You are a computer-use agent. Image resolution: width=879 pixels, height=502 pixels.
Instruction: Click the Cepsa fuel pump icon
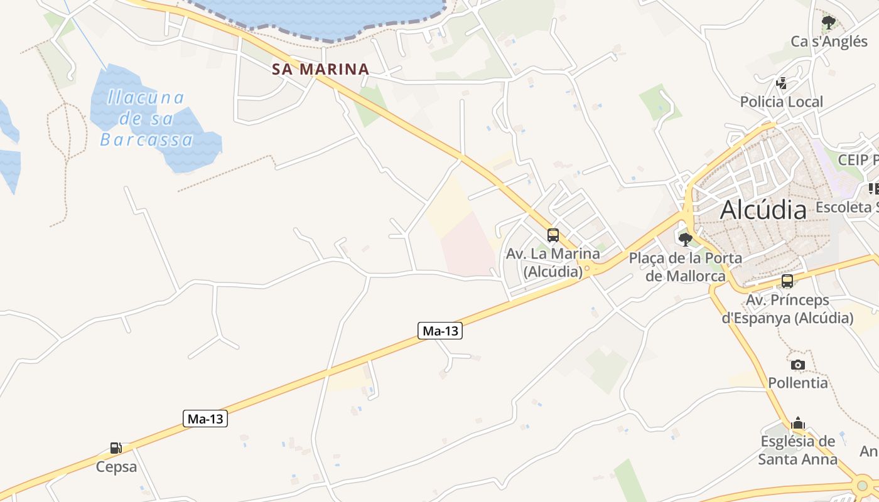[x=116, y=448]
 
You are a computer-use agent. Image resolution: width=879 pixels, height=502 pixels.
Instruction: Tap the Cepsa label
[x=116, y=467]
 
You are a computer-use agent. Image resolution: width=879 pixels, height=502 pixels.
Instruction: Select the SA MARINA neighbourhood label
[x=320, y=69]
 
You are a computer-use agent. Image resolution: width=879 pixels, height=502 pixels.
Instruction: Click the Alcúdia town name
[x=763, y=210]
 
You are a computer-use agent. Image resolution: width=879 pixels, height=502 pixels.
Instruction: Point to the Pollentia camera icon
[x=798, y=365]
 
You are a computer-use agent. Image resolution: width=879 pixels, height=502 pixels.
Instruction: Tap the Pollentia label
[x=798, y=382]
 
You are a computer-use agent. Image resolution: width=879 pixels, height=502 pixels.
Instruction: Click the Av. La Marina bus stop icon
[x=553, y=235]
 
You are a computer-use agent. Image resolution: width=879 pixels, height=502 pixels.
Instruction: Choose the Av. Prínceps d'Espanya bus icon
[x=787, y=281]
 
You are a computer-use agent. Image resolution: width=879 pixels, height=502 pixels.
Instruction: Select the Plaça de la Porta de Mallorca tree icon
[x=686, y=239]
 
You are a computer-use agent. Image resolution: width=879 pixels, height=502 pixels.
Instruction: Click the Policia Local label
[x=781, y=102]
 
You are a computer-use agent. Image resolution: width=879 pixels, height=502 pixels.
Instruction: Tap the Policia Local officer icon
[x=782, y=83]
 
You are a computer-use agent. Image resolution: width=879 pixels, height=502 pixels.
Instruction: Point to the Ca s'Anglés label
[x=829, y=41]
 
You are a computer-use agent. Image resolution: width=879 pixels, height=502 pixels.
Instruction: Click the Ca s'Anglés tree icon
[x=829, y=23]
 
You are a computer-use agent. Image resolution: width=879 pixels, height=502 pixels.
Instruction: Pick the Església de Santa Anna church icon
[x=798, y=423]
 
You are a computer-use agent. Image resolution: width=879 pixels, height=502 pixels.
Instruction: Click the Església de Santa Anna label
[x=798, y=450]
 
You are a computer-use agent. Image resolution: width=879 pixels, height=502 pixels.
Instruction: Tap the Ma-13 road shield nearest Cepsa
[x=205, y=419]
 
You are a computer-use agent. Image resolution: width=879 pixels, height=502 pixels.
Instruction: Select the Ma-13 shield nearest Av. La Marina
[x=440, y=331]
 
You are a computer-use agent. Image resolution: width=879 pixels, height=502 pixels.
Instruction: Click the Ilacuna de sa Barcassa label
[x=146, y=119]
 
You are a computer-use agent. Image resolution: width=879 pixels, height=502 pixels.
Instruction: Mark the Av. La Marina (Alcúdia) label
[x=553, y=263]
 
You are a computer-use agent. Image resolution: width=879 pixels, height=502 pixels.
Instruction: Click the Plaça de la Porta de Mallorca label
[x=686, y=267]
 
